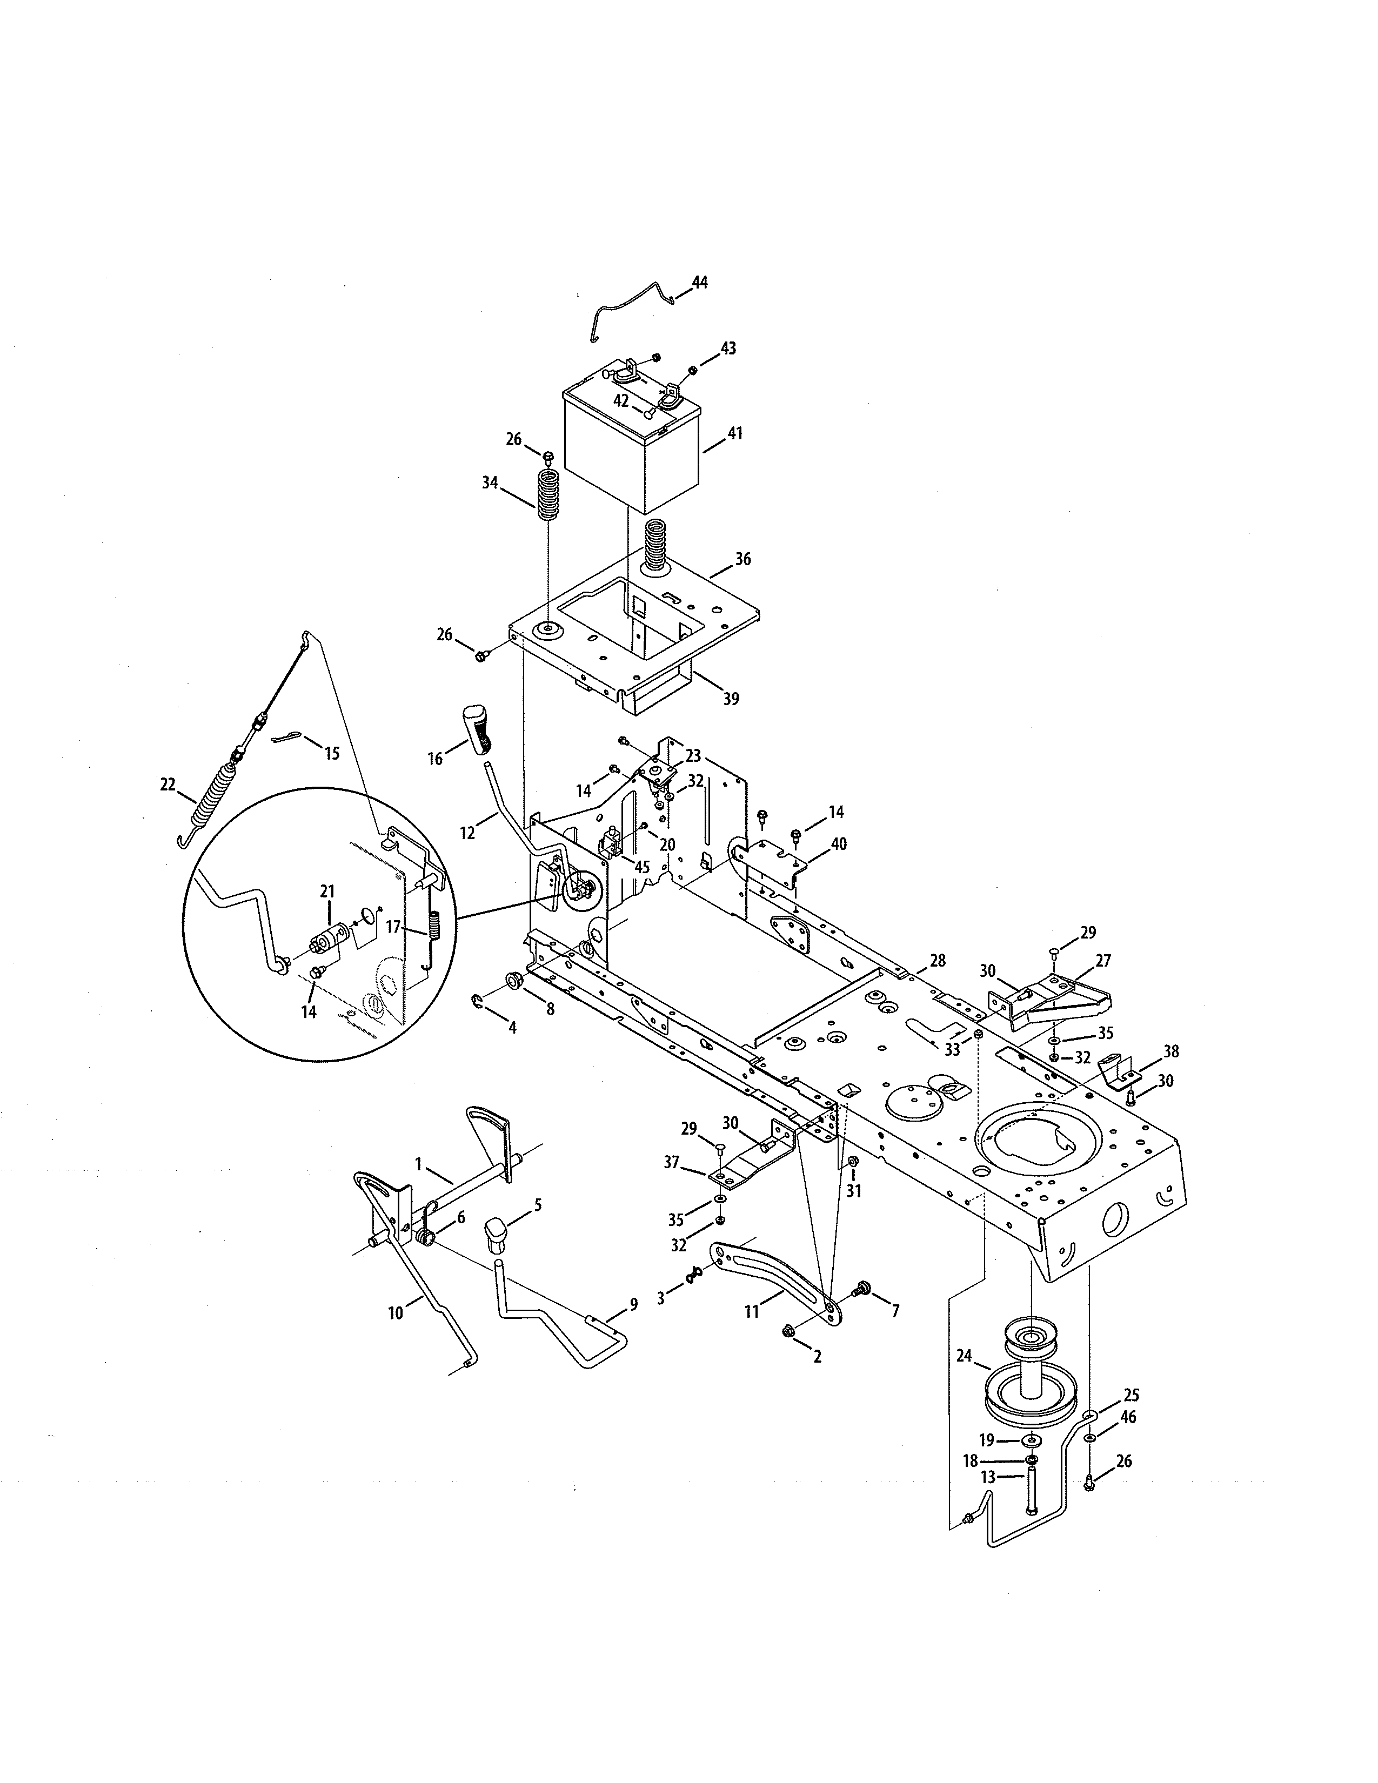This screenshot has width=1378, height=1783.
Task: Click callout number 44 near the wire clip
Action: click(700, 283)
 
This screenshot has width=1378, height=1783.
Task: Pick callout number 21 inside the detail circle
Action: click(327, 891)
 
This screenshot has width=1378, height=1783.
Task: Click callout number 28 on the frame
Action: click(937, 961)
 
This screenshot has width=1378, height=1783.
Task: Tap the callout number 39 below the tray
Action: click(731, 698)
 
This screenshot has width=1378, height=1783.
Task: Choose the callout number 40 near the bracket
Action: click(838, 843)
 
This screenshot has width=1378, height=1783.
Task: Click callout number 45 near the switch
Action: click(641, 866)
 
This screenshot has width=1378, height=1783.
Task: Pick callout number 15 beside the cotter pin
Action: click(331, 753)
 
